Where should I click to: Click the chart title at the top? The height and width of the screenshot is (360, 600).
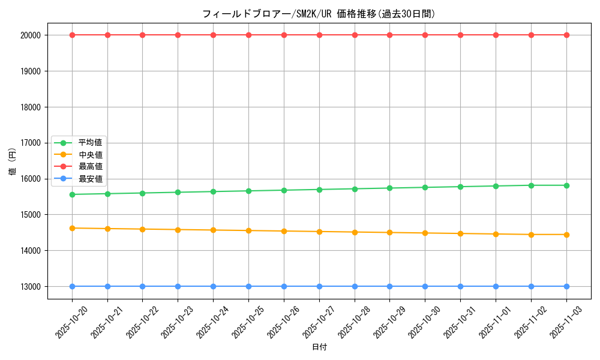pos(319,14)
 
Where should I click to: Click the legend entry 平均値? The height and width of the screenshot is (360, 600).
pos(90,143)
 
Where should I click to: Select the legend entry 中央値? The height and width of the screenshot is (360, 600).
pos(90,155)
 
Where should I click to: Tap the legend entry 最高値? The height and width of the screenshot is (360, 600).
pos(90,166)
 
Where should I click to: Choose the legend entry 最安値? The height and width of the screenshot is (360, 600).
pos(90,179)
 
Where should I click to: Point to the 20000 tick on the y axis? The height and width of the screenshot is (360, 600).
pos(31,35)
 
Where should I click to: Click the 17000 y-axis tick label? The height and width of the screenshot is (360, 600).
pos(31,143)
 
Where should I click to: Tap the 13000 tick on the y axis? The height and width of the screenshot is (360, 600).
pos(31,287)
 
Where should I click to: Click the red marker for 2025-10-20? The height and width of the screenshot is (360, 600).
pos(72,35)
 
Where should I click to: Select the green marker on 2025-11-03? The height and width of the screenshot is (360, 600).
pos(566,185)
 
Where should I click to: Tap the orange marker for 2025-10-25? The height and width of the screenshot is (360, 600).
pos(248,230)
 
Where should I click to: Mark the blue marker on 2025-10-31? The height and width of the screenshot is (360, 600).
pos(460,286)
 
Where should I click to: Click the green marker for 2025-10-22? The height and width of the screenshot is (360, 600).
pos(142,193)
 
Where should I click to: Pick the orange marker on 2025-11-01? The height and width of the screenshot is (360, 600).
pos(496,234)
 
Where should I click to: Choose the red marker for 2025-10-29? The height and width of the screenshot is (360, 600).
pos(389,35)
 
